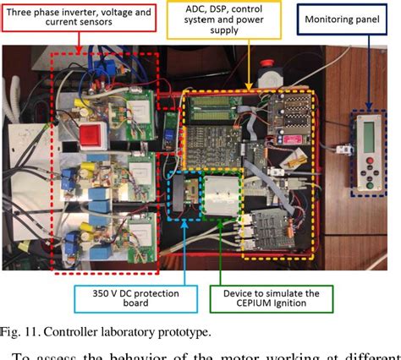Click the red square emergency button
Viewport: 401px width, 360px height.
[91, 134]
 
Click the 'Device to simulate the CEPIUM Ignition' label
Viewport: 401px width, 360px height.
[270, 297]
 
